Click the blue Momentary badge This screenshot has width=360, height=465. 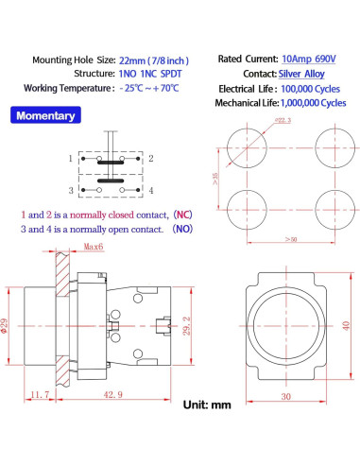point(45,115)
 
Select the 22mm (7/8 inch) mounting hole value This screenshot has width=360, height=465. point(154,60)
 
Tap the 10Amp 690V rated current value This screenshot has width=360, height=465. point(309,59)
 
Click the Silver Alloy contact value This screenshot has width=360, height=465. point(301,74)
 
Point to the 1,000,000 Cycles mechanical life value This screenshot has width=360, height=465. point(313,103)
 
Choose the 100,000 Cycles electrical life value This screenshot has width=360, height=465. point(310,89)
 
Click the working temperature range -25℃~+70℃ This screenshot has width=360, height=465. point(149,88)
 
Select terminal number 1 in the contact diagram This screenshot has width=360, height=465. point(71,158)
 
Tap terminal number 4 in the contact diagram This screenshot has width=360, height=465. point(151,191)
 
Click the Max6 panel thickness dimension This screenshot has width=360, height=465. point(94,247)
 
